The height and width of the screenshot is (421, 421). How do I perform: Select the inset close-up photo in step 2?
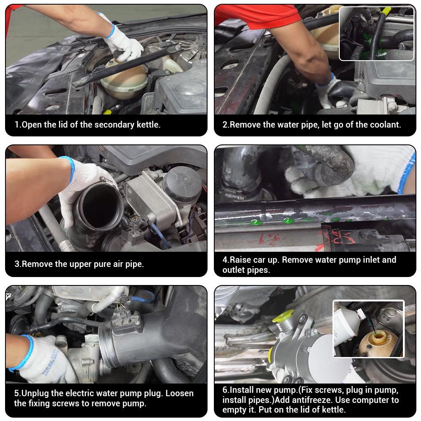tap(376, 34)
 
